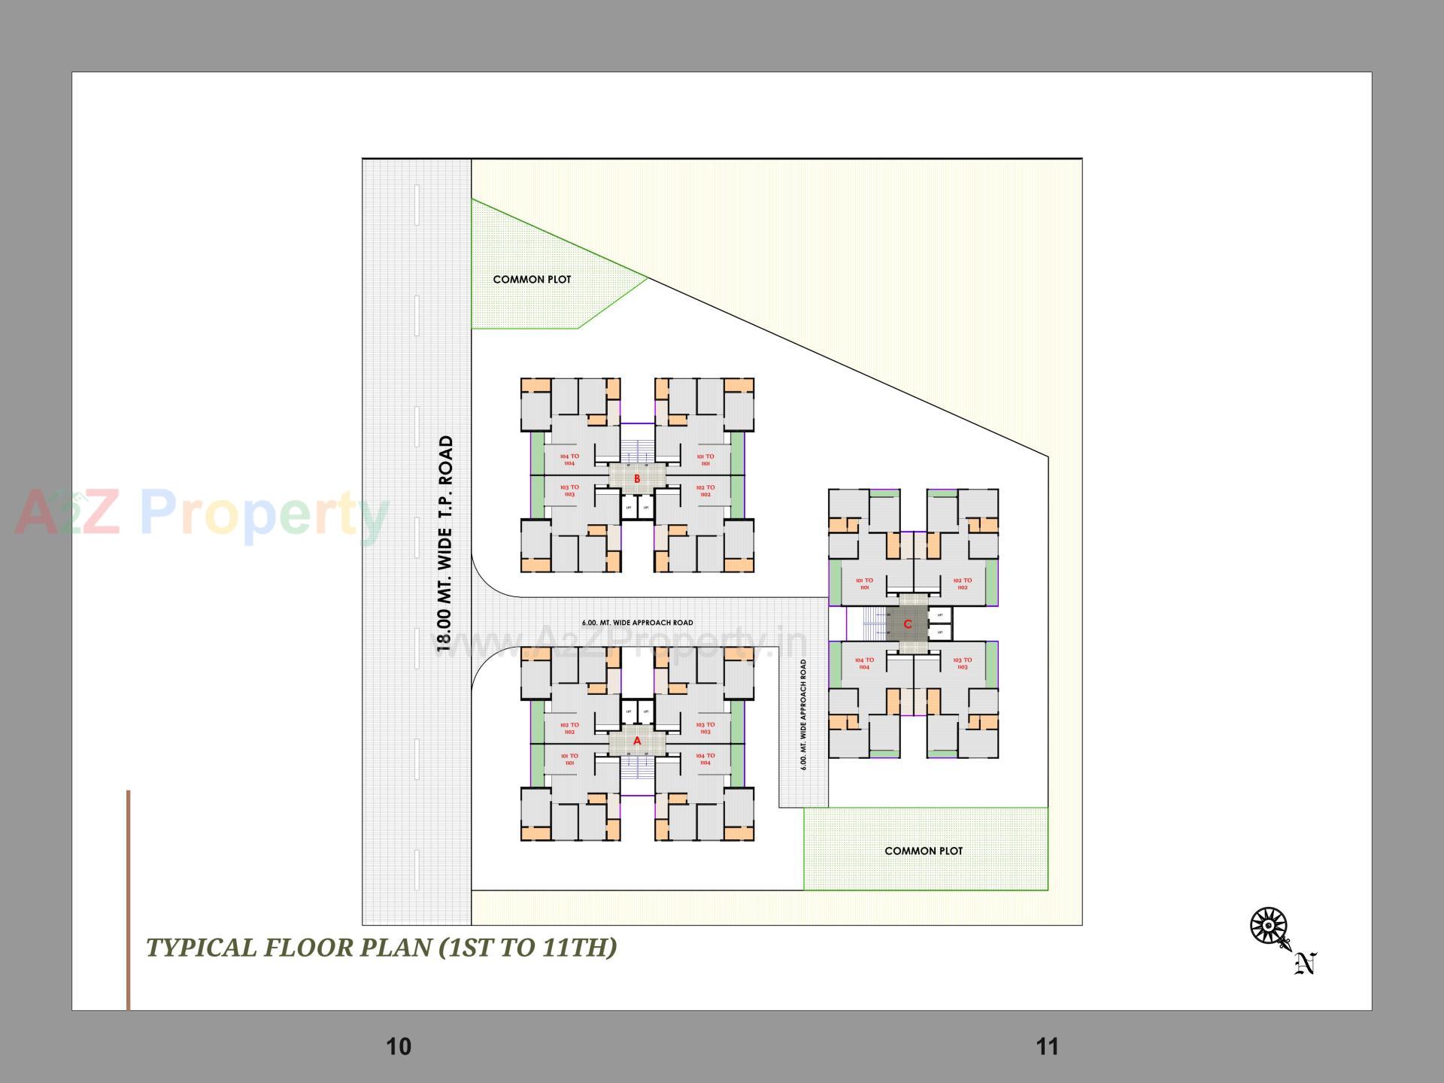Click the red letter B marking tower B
click(x=637, y=479)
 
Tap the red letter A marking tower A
click(x=637, y=741)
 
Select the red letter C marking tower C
click(x=908, y=624)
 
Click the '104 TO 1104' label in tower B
click(x=569, y=460)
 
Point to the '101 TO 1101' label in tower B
click(x=705, y=460)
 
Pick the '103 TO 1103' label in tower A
click(x=705, y=728)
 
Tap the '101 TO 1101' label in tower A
click(x=569, y=759)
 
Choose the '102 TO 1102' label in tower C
click(x=962, y=584)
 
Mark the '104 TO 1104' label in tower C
click(x=864, y=663)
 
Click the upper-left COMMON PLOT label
click(x=532, y=280)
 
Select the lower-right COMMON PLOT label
click(x=924, y=851)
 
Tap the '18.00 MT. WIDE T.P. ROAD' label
click(x=446, y=543)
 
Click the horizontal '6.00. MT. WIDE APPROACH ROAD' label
click(x=637, y=623)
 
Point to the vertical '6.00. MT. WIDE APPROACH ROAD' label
click(x=803, y=714)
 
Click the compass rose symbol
click(x=1268, y=925)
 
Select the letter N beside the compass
click(x=1306, y=963)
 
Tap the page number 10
click(x=399, y=1046)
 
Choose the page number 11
click(x=1047, y=1046)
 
